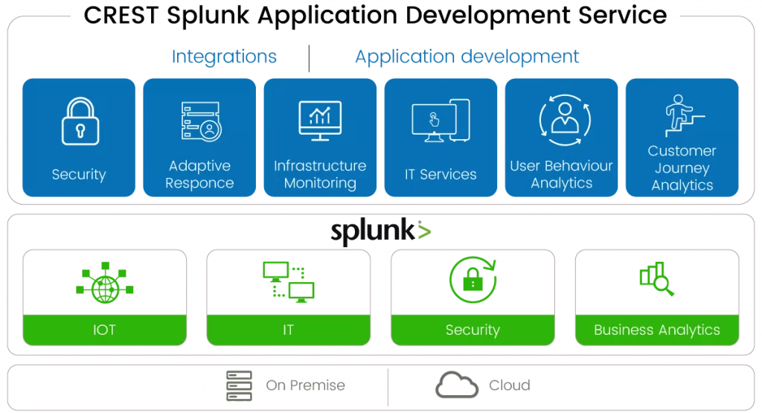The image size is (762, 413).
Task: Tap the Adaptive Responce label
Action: [199, 174]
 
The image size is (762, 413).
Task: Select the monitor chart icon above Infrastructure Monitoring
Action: [320, 119]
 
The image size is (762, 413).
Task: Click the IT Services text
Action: [441, 174]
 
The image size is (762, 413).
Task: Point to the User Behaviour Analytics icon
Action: [561, 118]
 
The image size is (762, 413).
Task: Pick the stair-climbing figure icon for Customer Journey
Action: [682, 115]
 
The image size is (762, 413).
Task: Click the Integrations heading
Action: [224, 57]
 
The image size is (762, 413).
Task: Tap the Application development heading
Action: [467, 57]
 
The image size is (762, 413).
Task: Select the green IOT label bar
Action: [104, 330]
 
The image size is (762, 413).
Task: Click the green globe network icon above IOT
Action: [104, 282]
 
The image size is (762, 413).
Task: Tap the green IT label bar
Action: [288, 330]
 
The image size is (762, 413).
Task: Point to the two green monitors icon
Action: [288, 281]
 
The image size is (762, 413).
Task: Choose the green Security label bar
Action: [473, 330]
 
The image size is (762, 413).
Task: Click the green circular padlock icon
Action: [473, 280]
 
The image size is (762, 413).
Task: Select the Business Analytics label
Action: [657, 330]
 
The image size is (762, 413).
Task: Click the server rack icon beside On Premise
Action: [239, 385]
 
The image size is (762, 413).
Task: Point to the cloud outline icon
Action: [456, 385]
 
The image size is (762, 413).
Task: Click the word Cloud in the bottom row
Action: [509, 385]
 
